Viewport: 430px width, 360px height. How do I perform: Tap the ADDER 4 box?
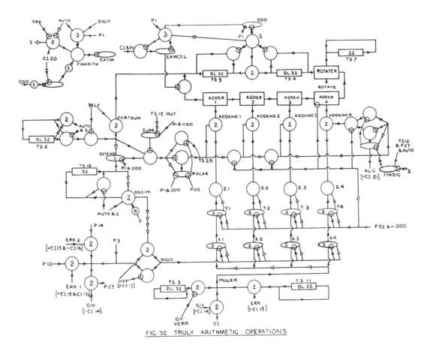coord(326,99)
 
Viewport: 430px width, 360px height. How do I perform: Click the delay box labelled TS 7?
coord(350,53)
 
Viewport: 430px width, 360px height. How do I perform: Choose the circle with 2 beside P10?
coord(72,263)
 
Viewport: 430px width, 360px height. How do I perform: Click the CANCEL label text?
coord(178,56)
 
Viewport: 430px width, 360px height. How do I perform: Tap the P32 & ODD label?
coord(391,225)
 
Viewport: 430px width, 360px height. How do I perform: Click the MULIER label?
coord(227,279)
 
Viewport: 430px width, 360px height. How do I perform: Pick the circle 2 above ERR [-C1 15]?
coord(253,287)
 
